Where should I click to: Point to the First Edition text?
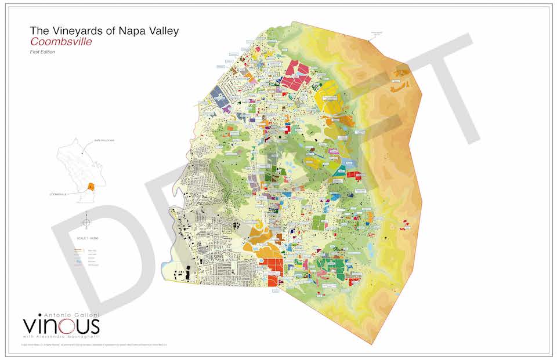coord(42,53)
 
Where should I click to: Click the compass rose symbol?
coord(86,222)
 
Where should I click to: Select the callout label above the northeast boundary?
coord(377,33)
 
